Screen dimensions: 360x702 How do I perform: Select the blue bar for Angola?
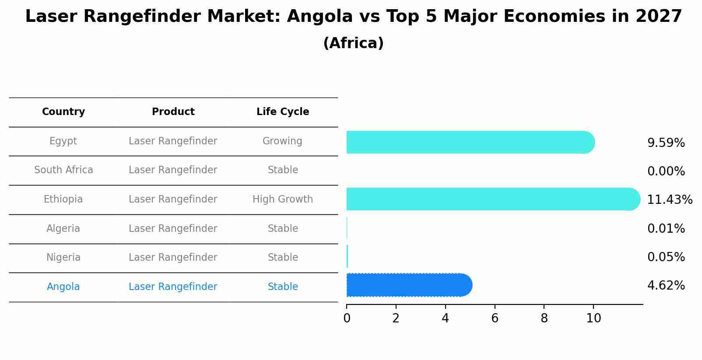[409, 285]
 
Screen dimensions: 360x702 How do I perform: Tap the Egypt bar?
[470, 142]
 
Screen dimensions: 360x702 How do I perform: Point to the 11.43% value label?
[669, 200]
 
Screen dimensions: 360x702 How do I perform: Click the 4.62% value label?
[666, 286]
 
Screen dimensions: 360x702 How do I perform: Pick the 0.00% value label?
[666, 171]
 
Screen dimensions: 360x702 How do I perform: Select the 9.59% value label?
[666, 143]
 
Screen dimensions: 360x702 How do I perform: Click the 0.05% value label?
[666, 257]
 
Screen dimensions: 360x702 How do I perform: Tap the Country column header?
[63, 112]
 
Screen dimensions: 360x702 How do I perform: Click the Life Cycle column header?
[283, 112]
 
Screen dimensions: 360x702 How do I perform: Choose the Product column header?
[173, 112]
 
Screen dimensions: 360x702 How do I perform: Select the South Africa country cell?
[63, 170]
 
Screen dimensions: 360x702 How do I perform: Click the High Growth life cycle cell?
[283, 199]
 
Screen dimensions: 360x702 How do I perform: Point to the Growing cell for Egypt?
[282, 141]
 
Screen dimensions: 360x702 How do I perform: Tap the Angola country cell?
[63, 287]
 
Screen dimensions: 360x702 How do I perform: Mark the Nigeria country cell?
[63, 258]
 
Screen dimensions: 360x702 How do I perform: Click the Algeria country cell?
[63, 229]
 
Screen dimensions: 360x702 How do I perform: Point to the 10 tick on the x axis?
[593, 318]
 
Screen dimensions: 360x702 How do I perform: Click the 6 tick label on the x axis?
[495, 318]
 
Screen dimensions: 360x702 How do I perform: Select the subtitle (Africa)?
[353, 43]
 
